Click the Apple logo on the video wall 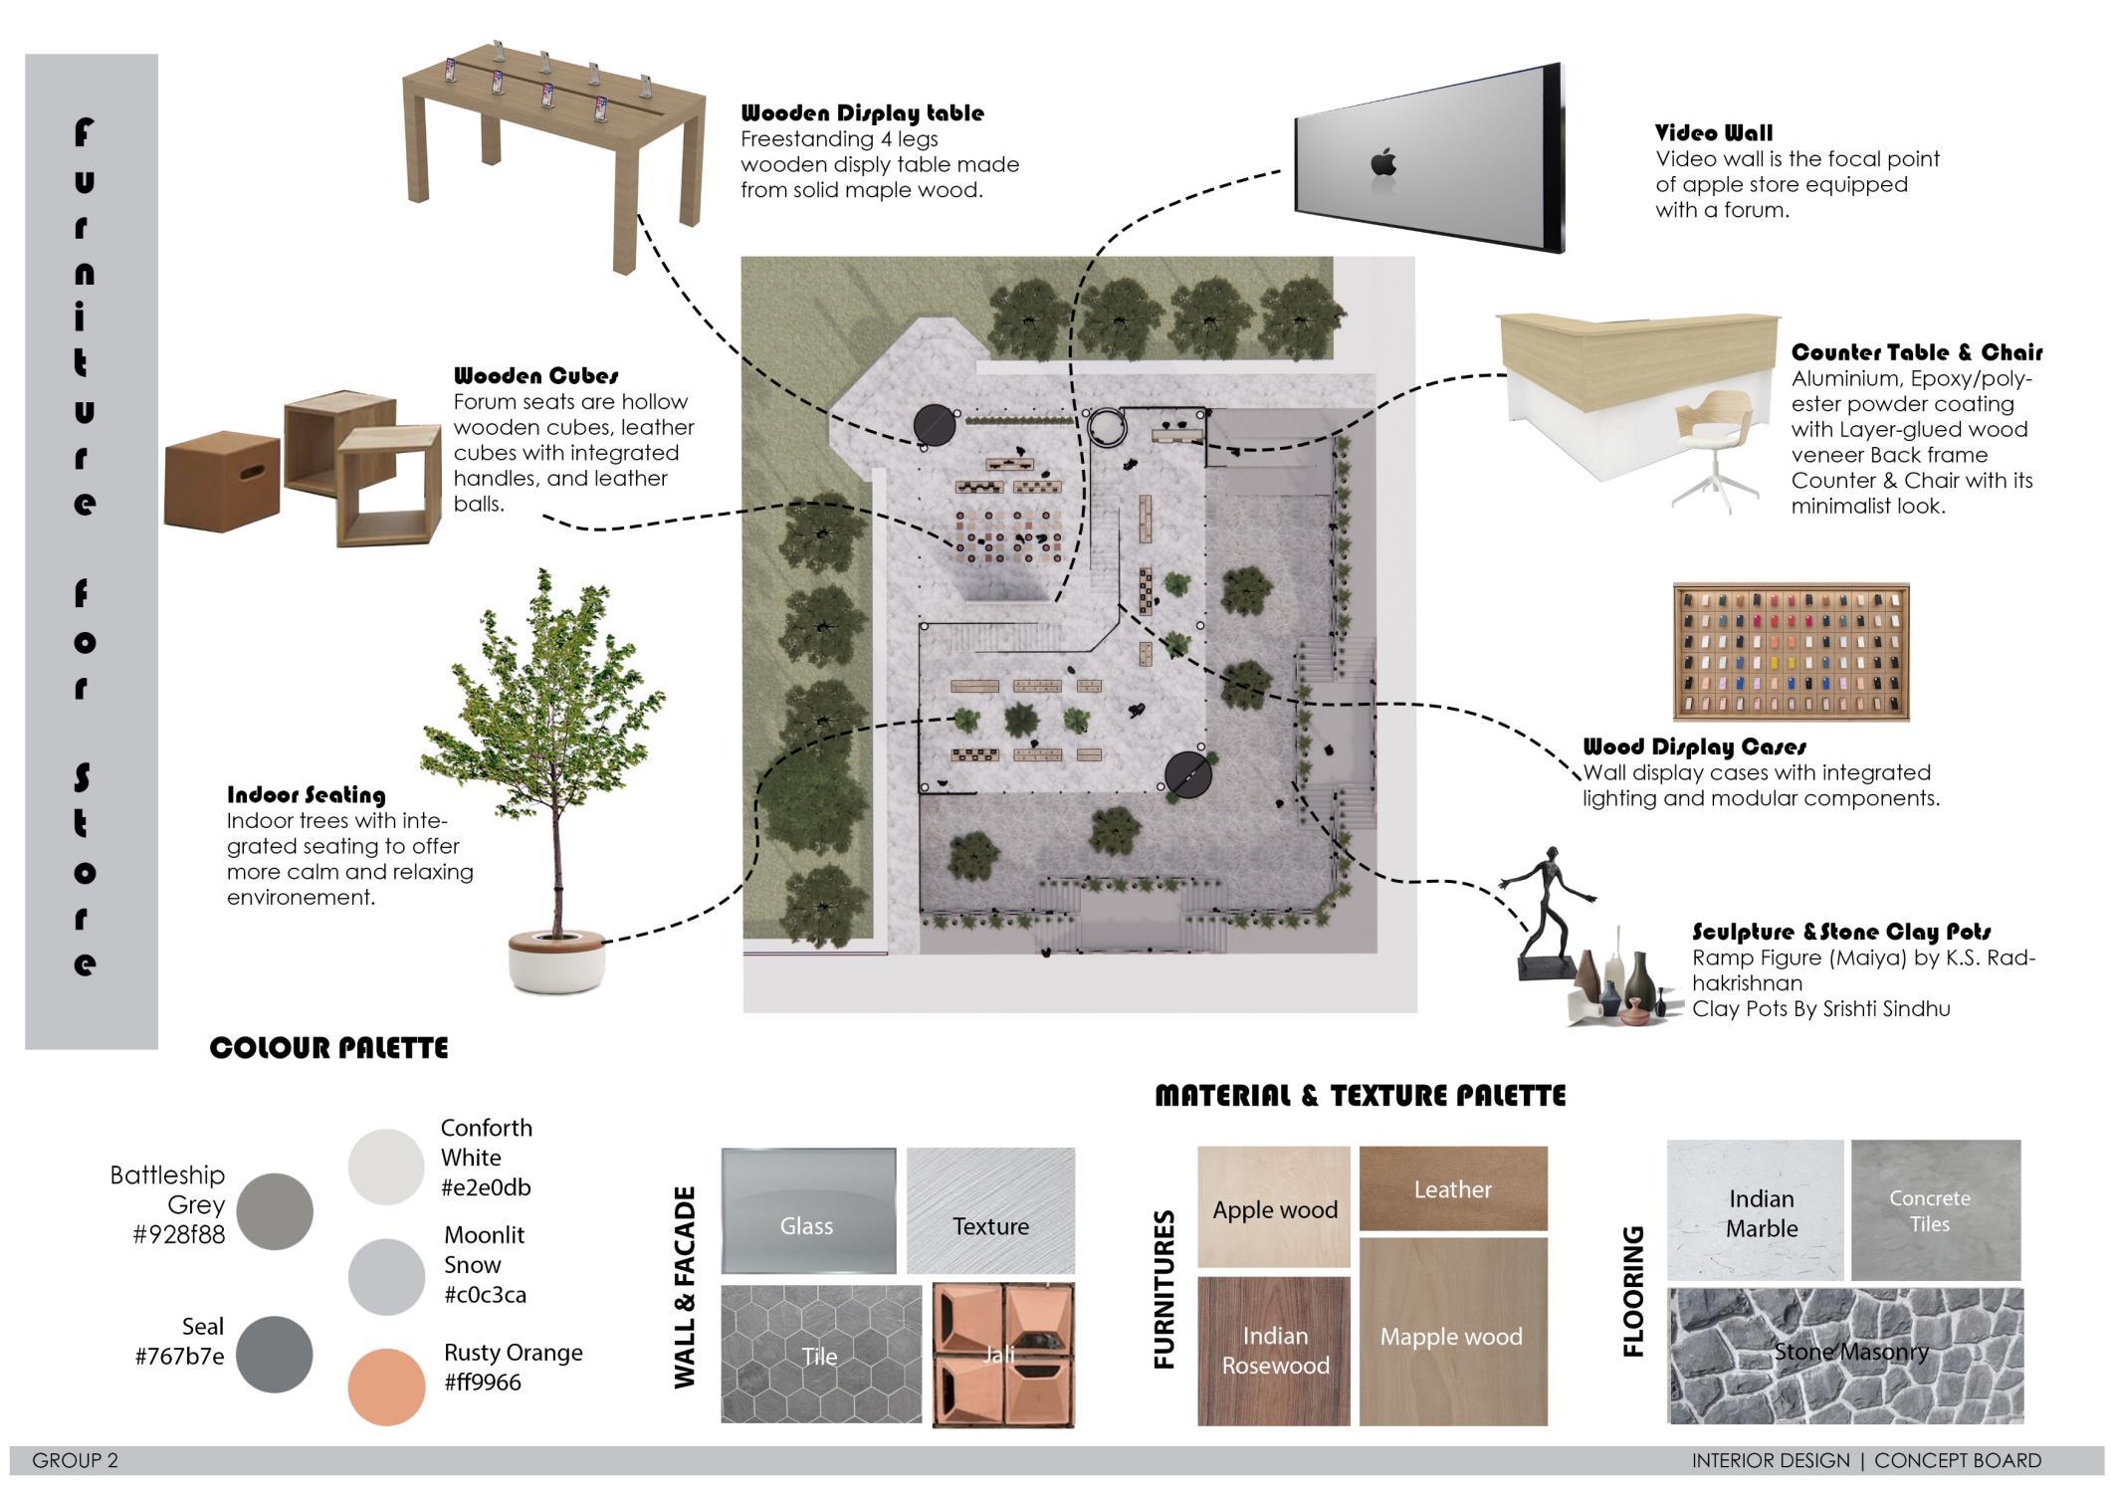pyautogui.click(x=1382, y=162)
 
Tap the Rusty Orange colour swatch pyautogui.click(x=386, y=1385)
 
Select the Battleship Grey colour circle pyautogui.click(x=275, y=1210)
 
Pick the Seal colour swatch pyautogui.click(x=275, y=1354)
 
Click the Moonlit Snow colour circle pyautogui.click(x=386, y=1276)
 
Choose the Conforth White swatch pyautogui.click(x=386, y=1166)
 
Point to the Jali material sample pyautogui.click(x=1002, y=1355)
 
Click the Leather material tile pyautogui.click(x=1452, y=1188)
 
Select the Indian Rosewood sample pyautogui.click(x=1274, y=1351)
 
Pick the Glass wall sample pyautogui.click(x=807, y=1211)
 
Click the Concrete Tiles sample pyautogui.click(x=1935, y=1210)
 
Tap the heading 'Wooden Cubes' pyautogui.click(x=535, y=376)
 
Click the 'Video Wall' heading pyautogui.click(x=1713, y=133)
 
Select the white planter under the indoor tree pyautogui.click(x=556, y=960)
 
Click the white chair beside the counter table pyautogui.click(x=1714, y=443)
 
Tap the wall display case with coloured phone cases pyautogui.click(x=1791, y=652)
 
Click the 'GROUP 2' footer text pyautogui.click(x=75, y=1460)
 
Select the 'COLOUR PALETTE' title pyautogui.click(x=328, y=1048)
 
